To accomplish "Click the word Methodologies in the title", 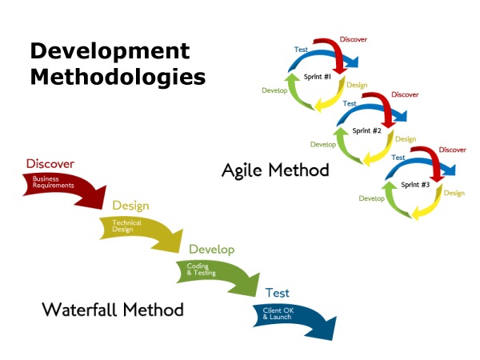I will tap(118, 78).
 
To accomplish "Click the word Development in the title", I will tap(110, 52).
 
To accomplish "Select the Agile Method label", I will tap(275, 170).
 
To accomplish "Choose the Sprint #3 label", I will tap(415, 185).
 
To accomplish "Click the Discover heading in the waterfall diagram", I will tap(50, 163).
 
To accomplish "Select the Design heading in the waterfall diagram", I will tap(131, 206).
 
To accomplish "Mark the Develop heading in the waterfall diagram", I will tap(211, 250).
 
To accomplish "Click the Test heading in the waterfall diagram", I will tap(278, 293).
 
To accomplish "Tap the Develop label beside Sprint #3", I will tap(373, 198).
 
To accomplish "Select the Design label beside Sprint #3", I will tap(454, 193).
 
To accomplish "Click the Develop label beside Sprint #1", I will tap(275, 90).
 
